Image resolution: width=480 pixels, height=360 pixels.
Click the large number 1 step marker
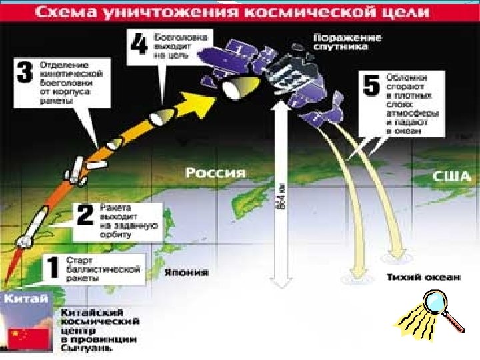52,270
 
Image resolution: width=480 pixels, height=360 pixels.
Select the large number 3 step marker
25,72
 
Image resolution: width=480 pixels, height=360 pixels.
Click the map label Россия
215,173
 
